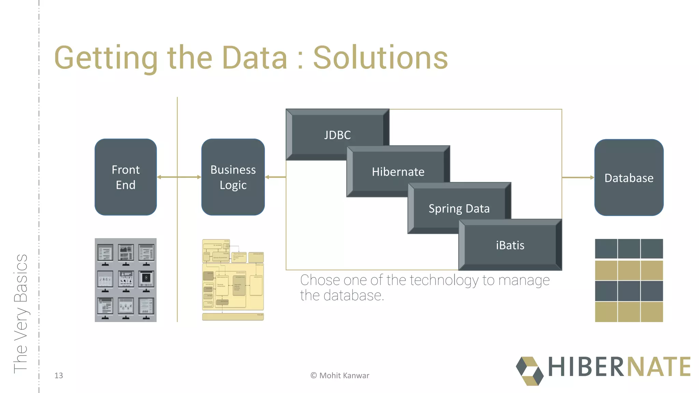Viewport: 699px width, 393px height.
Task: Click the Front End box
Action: [126, 177]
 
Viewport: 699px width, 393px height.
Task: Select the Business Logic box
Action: [233, 177]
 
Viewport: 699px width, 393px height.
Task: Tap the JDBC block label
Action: [337, 135]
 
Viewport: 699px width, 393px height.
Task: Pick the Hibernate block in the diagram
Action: [398, 172]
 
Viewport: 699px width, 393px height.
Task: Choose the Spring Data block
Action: [459, 208]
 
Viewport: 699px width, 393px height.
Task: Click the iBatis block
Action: [510, 245]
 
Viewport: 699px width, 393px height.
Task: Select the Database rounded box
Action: [629, 178]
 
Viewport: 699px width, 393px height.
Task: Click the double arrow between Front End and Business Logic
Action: [179, 177]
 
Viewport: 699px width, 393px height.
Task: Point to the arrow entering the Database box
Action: [578, 177]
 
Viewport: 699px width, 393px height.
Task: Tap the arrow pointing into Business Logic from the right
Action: [275, 177]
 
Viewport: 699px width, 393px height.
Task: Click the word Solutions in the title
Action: [380, 58]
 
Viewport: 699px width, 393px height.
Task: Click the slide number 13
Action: [59, 376]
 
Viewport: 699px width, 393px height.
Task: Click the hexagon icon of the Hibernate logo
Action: [529, 371]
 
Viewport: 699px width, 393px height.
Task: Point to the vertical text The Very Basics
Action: [20, 314]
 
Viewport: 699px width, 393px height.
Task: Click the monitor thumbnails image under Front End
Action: [126, 280]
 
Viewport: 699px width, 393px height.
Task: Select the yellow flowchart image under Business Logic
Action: [233, 280]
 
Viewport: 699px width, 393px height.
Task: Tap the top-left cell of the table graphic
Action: [606, 249]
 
